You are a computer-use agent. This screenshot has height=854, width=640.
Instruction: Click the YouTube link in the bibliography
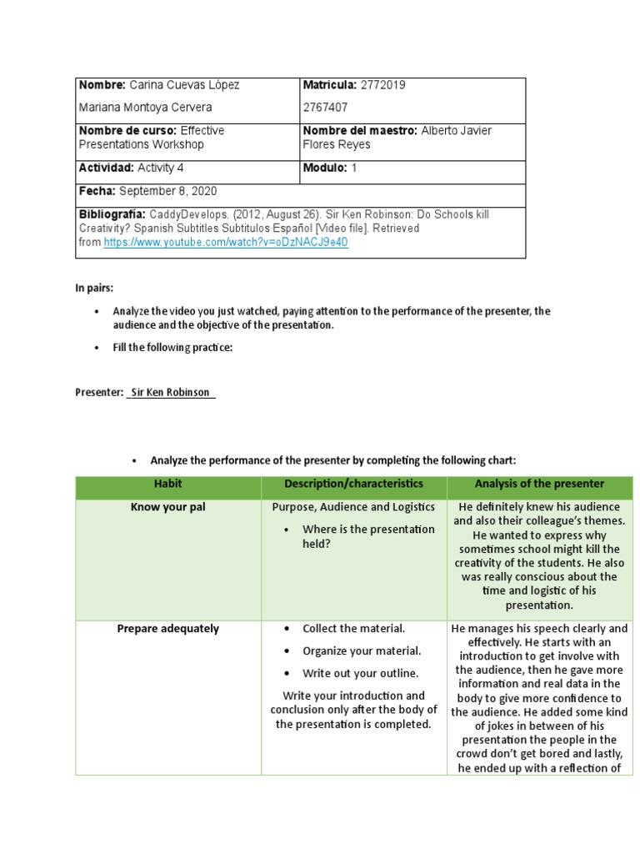click(x=225, y=243)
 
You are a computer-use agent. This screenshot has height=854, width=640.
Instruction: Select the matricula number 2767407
click(x=325, y=108)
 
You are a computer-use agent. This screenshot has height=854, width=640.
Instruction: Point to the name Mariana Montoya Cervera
click(x=146, y=108)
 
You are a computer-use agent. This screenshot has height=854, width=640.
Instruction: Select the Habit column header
click(x=167, y=484)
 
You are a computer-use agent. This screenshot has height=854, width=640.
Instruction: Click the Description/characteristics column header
click(x=353, y=484)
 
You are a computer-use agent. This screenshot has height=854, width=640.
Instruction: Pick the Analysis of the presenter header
click(x=539, y=484)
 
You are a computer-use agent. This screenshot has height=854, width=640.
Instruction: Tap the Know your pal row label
click(x=167, y=507)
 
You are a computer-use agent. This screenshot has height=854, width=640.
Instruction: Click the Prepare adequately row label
click(x=167, y=629)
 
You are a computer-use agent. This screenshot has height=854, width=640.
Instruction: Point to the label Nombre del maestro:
click(x=360, y=131)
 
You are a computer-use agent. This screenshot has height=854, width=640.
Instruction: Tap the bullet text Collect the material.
click(x=353, y=629)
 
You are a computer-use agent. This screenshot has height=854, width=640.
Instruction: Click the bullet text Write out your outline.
click(x=360, y=673)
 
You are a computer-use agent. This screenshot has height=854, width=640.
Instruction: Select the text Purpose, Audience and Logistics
click(x=353, y=507)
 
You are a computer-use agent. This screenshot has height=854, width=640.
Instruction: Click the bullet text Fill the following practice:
click(x=172, y=348)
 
